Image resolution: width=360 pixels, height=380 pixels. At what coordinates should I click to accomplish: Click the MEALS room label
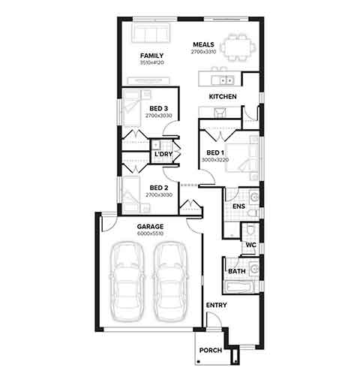(x=203, y=44)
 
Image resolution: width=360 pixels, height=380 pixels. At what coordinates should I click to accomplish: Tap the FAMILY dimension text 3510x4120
(x=152, y=62)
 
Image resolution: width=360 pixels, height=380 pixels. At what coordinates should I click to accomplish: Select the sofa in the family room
(x=151, y=33)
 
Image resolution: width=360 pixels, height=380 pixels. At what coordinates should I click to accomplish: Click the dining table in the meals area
(x=238, y=47)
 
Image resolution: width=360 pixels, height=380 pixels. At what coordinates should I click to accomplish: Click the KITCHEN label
(x=223, y=97)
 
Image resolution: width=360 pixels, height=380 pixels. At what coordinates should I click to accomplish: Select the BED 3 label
(x=159, y=109)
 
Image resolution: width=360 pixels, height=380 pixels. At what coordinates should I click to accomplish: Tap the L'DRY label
(x=163, y=154)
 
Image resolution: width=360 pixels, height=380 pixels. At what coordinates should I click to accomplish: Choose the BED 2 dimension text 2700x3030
(x=159, y=195)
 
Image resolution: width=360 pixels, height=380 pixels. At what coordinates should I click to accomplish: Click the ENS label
(x=238, y=207)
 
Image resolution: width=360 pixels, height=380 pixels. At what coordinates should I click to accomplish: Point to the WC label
(x=251, y=245)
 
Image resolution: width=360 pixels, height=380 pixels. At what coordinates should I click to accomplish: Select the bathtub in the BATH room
(x=238, y=287)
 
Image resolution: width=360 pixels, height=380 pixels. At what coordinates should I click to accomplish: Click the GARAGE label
(x=150, y=227)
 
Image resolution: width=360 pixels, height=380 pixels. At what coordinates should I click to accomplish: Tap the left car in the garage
(x=127, y=282)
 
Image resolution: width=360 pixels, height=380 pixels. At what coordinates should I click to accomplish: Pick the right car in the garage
(x=170, y=282)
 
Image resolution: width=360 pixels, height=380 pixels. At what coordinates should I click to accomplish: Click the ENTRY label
(x=217, y=305)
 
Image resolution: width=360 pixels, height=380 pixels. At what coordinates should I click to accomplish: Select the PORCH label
(x=211, y=351)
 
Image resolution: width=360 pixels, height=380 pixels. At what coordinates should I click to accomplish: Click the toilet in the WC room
(x=250, y=231)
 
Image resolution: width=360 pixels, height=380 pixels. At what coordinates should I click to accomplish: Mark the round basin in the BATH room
(x=255, y=269)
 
